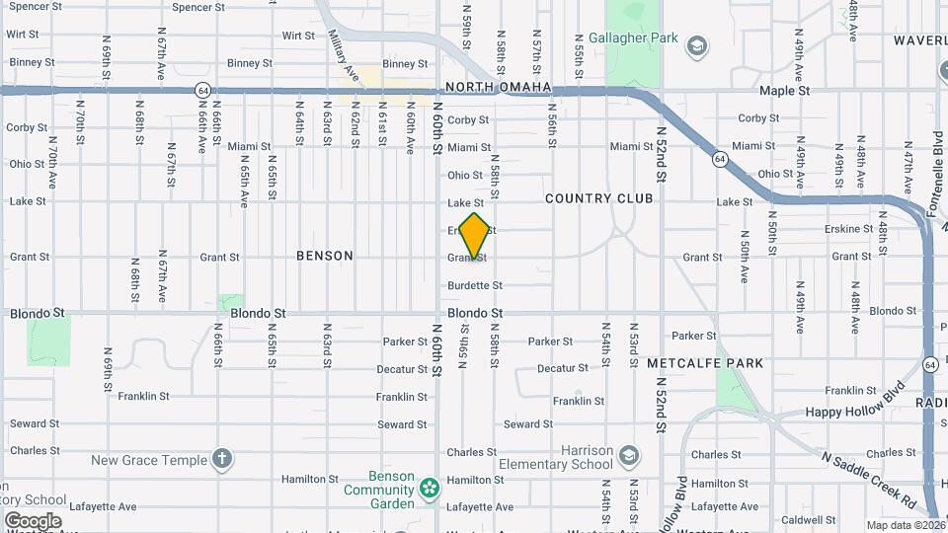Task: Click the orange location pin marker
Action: coord(475,236)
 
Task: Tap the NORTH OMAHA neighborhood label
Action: coord(498,88)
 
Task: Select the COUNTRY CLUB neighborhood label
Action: coord(599,198)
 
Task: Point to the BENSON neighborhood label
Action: coord(325,256)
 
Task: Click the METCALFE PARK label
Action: coord(705,363)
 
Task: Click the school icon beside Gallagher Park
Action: coord(697,45)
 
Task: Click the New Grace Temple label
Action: coord(149,460)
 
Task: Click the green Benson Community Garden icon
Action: coord(429,488)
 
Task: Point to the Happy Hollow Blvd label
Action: coord(855,399)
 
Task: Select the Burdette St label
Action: coord(475,285)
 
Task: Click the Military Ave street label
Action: coord(341,52)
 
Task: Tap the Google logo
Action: coord(32,520)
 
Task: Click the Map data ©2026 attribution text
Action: coord(905,525)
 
